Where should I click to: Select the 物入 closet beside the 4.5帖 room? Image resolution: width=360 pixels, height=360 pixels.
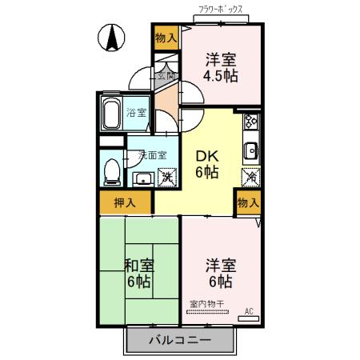coord(166,38)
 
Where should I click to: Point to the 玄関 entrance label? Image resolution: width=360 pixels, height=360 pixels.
coord(165,76)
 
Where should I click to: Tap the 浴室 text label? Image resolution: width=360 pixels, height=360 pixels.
coord(136,112)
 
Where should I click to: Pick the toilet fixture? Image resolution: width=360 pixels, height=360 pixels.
coord(112,170)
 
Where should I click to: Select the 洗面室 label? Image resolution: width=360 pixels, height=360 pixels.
coord(152,154)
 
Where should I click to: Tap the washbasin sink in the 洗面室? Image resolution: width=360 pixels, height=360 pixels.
coord(142,177)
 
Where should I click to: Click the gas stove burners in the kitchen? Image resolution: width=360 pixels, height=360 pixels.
coord(250,122)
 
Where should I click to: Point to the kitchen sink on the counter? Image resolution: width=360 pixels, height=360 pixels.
coord(250,150)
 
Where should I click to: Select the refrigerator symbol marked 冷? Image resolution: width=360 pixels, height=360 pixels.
coord(250,176)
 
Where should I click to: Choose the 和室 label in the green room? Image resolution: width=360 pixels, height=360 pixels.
coord(138,265)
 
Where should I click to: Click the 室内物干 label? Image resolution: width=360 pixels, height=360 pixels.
coord(207,304)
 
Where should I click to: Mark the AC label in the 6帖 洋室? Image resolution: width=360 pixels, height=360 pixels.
coord(248,310)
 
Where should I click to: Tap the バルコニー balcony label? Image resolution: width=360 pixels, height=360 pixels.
coord(180,340)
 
